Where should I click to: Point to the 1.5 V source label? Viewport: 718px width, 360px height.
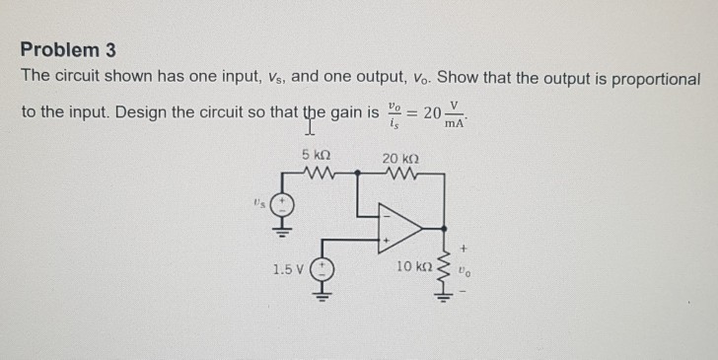coord(288,268)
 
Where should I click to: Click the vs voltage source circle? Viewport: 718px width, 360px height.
coord(283,206)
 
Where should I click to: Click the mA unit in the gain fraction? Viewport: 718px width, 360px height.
coord(455,122)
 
